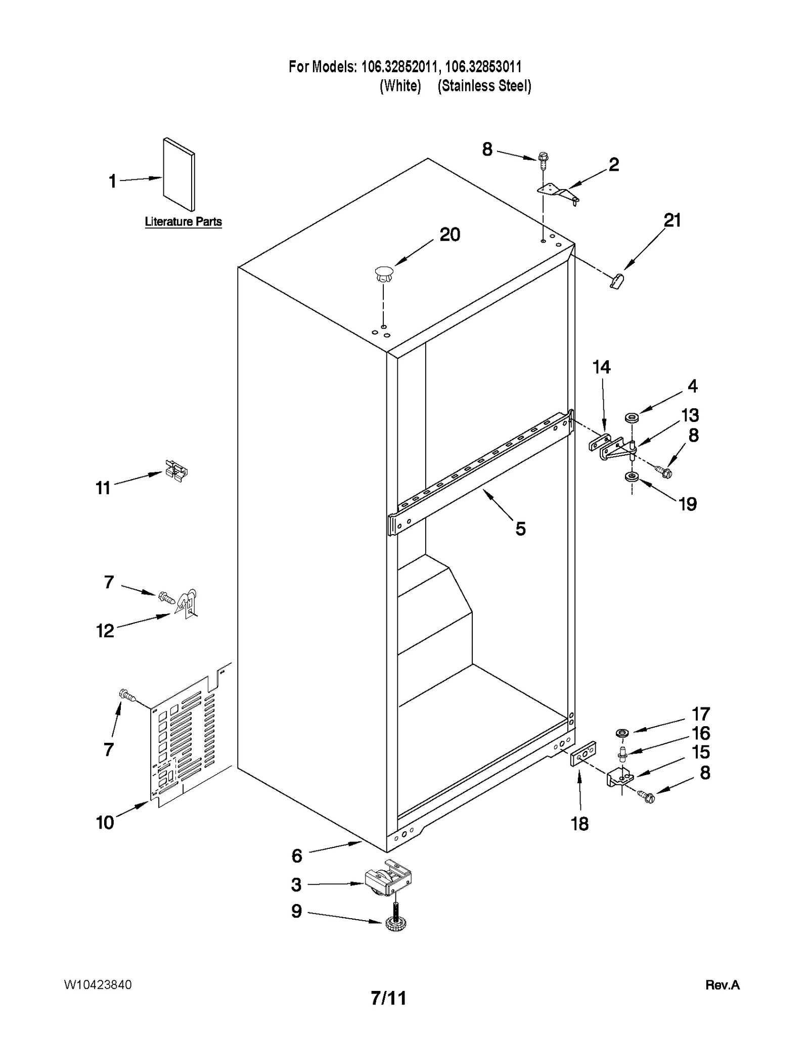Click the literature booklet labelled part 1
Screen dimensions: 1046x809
point(178,174)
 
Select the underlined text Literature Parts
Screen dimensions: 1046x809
point(183,222)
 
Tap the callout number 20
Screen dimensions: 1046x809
point(450,234)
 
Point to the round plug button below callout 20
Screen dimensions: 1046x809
point(384,274)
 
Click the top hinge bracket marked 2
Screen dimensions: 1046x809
point(558,192)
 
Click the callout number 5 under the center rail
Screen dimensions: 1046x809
point(520,529)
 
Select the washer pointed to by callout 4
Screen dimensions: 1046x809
point(632,418)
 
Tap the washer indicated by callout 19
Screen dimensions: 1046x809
point(631,477)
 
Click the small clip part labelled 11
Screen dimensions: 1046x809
point(175,471)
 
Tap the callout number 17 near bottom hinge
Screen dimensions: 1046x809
point(701,714)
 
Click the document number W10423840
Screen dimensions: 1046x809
point(98,985)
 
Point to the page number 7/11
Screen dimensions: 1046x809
point(388,998)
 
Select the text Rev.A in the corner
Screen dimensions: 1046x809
point(722,985)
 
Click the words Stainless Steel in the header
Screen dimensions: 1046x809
point(484,86)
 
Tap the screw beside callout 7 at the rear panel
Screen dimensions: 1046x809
point(127,696)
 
